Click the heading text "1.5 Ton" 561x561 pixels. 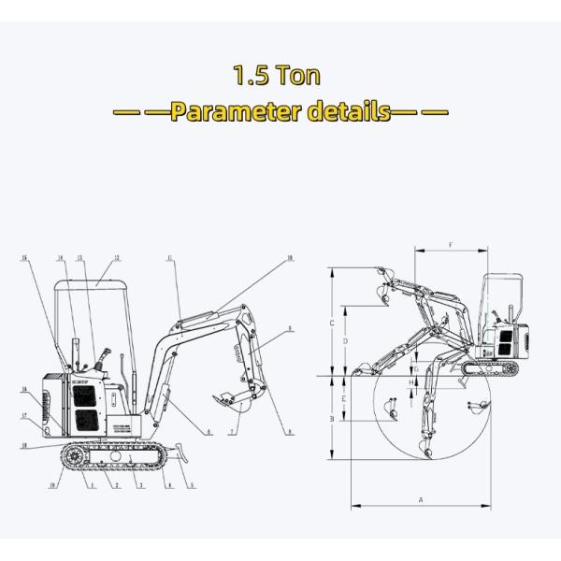(280, 74)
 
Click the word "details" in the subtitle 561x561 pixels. (350, 113)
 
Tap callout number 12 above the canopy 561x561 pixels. (117, 257)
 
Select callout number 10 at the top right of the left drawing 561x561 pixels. (290, 257)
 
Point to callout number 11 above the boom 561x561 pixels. (171, 257)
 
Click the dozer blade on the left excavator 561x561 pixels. (183, 458)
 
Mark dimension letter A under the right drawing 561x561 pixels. (420, 500)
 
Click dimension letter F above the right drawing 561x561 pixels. (451, 245)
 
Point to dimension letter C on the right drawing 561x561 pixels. (332, 323)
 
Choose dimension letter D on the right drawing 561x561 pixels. (346, 341)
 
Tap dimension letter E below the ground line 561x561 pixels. (346, 398)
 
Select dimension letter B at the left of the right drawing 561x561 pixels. (332, 419)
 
